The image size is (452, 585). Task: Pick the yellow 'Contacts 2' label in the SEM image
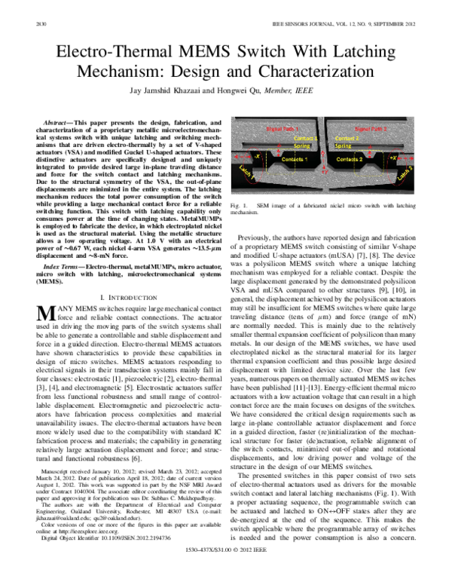351,160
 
